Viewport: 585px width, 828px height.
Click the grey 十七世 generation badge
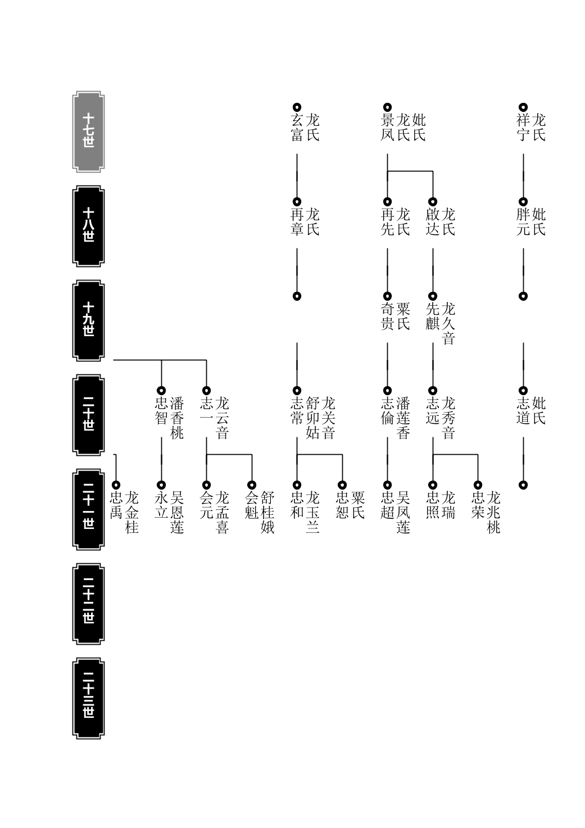[x=88, y=132]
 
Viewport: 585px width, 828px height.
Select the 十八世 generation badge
[x=88, y=226]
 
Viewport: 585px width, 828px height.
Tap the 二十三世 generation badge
[x=88, y=698]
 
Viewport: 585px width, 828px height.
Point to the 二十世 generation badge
[x=88, y=415]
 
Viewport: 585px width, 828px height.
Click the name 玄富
[x=297, y=128]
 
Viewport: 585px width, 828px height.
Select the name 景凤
[x=387, y=128]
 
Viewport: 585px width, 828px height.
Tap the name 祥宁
[x=523, y=128]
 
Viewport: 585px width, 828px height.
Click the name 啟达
[x=433, y=222]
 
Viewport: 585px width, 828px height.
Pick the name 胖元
[x=523, y=222]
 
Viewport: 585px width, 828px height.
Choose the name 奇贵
[x=387, y=316]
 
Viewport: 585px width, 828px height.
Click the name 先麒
[x=433, y=316]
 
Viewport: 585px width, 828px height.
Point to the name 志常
[x=297, y=411]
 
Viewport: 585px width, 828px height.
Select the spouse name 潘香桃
[x=177, y=418]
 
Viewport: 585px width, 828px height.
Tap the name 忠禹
[x=116, y=505]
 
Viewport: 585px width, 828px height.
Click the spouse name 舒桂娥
[x=267, y=512]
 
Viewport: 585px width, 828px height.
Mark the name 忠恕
[x=342, y=505]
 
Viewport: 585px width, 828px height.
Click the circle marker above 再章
[x=297, y=202]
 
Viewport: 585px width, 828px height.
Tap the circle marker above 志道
[x=523, y=391]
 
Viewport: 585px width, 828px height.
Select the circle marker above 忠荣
[x=478, y=485]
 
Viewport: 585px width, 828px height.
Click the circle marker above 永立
[x=161, y=485]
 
